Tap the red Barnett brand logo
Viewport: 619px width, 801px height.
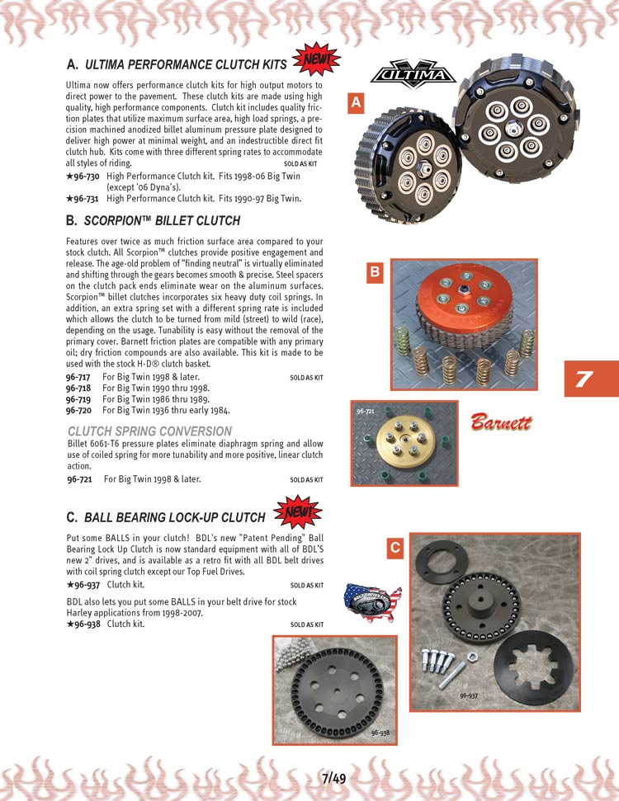point(502,423)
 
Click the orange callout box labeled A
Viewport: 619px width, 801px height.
point(355,103)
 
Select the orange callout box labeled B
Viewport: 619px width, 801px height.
point(375,271)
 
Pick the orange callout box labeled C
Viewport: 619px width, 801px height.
point(395,547)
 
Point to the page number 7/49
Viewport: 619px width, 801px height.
point(334,777)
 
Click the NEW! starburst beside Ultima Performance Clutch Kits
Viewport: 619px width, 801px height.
point(316,59)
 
